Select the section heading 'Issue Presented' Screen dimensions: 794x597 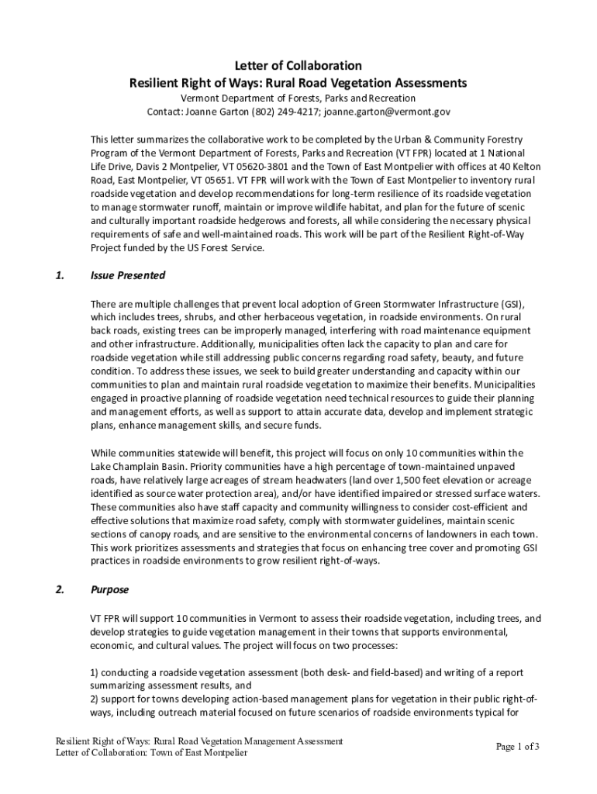coord(128,275)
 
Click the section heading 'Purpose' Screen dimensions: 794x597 coord(109,589)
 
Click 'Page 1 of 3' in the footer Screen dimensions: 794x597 coord(517,747)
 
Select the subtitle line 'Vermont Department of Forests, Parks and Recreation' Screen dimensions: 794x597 coord(298,98)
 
